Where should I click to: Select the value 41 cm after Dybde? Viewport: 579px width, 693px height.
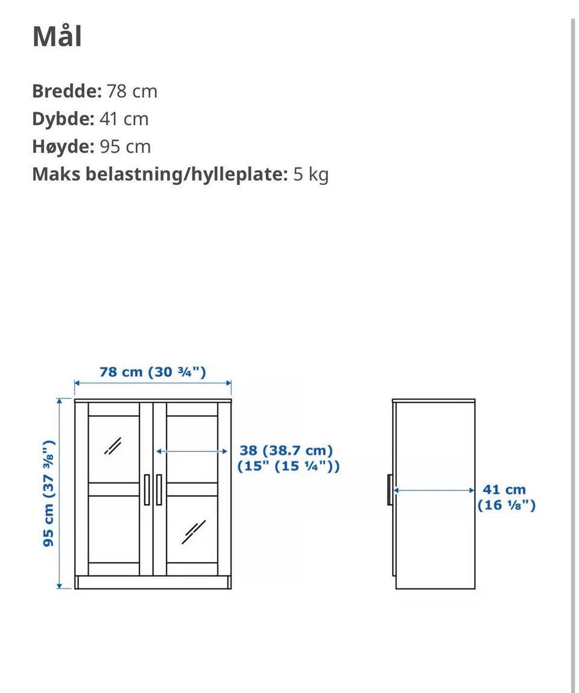124,119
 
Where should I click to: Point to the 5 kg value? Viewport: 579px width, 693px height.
311,174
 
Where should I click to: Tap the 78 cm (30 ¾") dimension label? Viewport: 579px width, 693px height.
153,372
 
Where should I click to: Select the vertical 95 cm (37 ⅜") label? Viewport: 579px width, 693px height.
48,493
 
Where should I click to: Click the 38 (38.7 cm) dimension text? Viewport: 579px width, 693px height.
286,450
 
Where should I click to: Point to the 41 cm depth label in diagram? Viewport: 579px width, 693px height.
504,490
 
